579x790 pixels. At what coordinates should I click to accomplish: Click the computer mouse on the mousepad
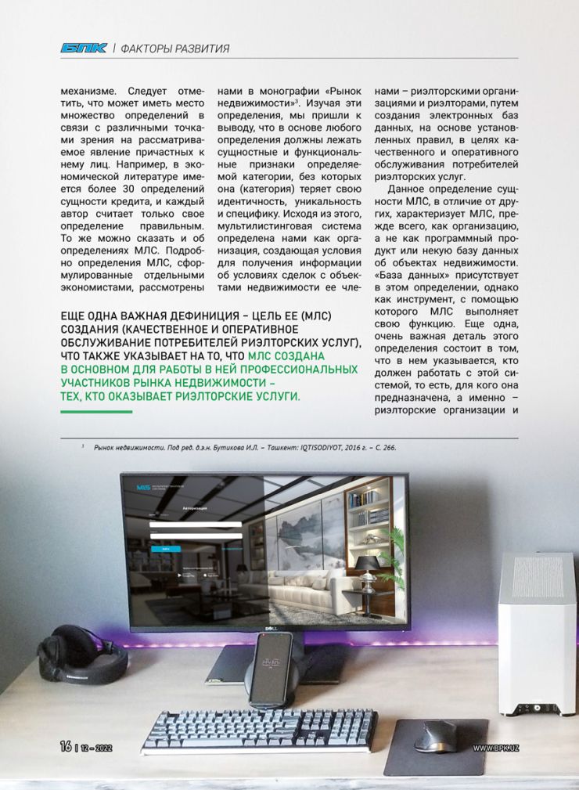(x=435, y=735)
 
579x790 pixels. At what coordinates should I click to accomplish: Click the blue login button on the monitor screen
(x=164, y=549)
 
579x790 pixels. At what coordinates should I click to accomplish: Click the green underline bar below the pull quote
(x=95, y=413)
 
